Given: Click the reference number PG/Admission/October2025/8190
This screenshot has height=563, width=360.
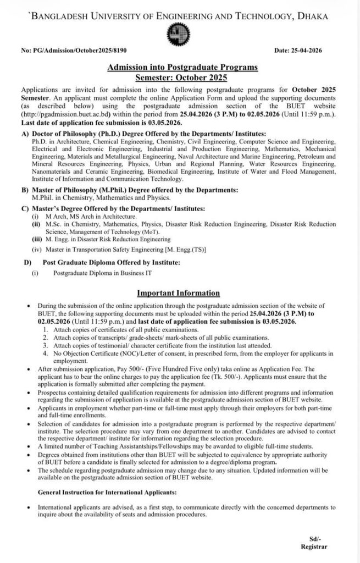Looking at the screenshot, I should tap(75, 51).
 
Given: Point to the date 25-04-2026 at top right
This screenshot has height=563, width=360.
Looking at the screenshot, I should tap(298, 51).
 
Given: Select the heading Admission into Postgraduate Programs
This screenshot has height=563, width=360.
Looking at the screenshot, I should tap(180, 68).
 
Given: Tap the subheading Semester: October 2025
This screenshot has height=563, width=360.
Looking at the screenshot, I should tap(180, 78).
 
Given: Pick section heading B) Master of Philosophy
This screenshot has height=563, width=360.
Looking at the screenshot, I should tap(130, 190).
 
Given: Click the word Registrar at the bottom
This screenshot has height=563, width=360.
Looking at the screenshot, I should tap(313, 548).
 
